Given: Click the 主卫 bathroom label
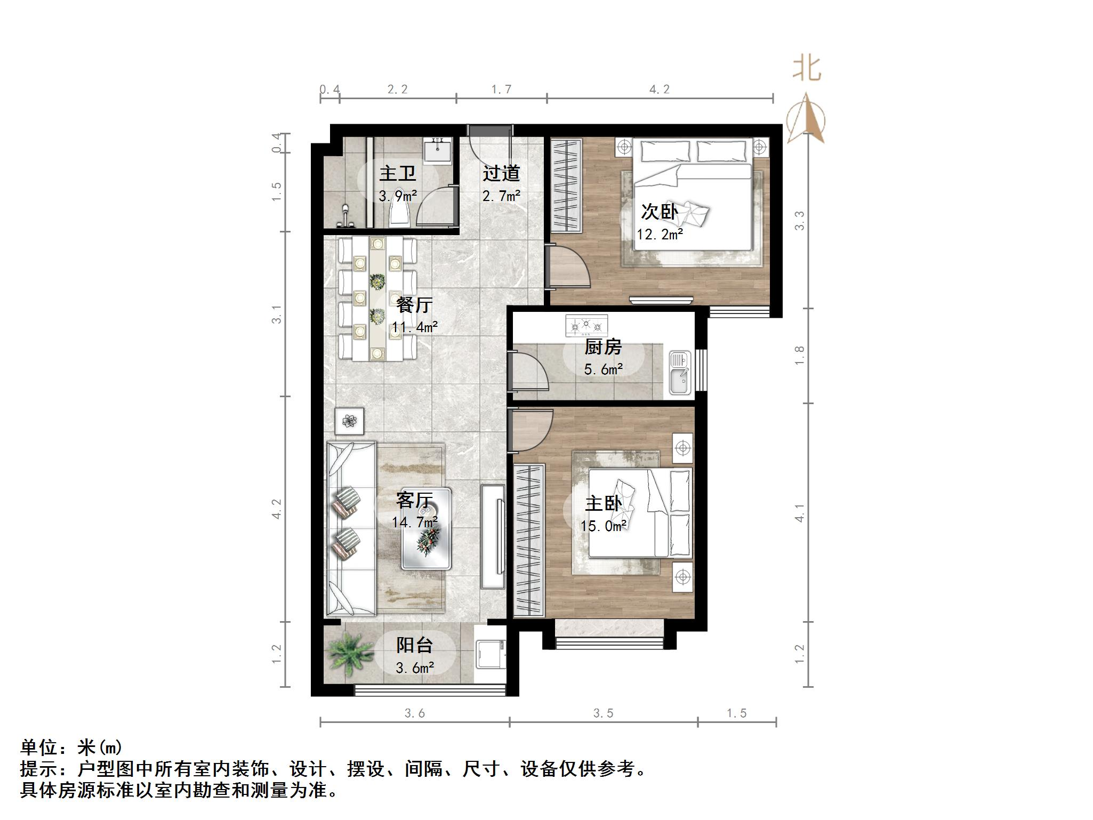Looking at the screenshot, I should coord(397,174).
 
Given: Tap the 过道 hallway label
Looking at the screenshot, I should coord(501,174).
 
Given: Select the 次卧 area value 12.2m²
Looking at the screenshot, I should coord(660,234).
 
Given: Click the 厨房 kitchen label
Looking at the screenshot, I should coord(603,348).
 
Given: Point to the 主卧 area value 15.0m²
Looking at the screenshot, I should coord(603,526).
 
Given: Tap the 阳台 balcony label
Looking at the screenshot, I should coord(414,646).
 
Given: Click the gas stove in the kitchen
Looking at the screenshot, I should coord(586,326).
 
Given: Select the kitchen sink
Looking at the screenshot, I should coord(680,373).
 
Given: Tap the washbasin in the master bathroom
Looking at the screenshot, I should coord(438,151).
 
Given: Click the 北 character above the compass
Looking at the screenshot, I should coord(806,69).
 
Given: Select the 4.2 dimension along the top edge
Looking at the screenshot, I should coord(659,90).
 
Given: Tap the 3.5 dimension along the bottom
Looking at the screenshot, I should coord(603,713).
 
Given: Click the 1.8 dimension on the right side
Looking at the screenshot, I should coord(799,355).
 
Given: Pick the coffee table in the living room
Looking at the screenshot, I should coord(427,528).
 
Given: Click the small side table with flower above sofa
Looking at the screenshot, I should coord(349,421).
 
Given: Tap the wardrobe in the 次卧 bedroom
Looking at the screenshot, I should coord(566,186).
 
